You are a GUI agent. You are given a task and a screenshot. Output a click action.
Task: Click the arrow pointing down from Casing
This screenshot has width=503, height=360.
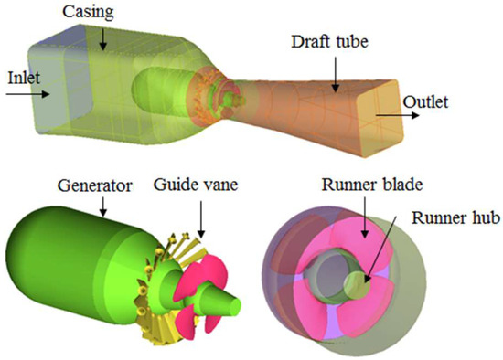tap(103, 36)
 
